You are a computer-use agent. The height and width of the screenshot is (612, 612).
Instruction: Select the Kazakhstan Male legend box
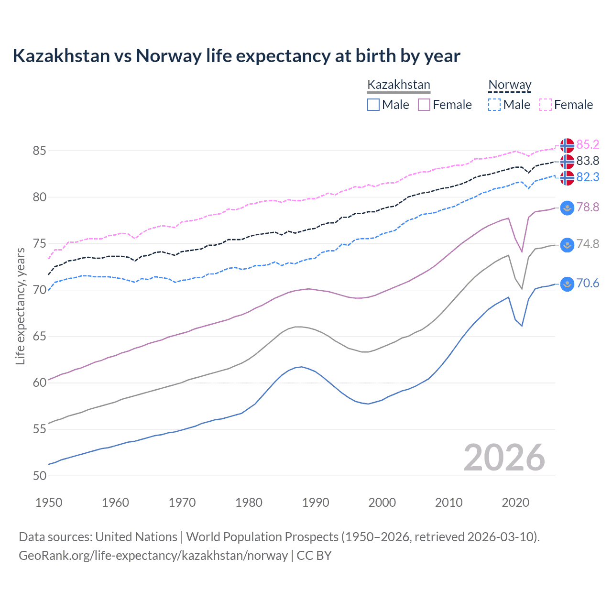(373, 105)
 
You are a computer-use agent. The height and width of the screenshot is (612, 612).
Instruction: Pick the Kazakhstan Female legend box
(424, 105)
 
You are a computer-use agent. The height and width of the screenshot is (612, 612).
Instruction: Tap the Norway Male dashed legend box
(494, 105)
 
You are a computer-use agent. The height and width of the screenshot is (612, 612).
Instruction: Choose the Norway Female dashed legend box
(546, 105)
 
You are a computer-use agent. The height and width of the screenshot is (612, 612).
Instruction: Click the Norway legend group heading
(510, 85)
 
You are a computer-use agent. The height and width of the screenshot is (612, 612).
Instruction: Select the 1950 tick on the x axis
(49, 503)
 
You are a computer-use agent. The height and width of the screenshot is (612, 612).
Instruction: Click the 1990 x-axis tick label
(316, 503)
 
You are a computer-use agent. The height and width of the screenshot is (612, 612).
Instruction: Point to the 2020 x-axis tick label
(515, 503)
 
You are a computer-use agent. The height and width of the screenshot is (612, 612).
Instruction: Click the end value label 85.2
(588, 144)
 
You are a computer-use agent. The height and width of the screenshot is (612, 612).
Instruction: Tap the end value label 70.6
(588, 284)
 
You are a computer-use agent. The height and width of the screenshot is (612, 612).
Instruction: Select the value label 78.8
(588, 207)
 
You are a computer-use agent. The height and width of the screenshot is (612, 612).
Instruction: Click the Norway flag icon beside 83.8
(567, 161)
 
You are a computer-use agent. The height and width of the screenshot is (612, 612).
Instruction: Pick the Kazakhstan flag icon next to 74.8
(567, 244)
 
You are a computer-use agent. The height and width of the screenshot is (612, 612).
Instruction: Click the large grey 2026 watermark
(504, 458)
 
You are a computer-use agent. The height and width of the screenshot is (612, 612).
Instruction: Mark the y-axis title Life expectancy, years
(20, 306)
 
